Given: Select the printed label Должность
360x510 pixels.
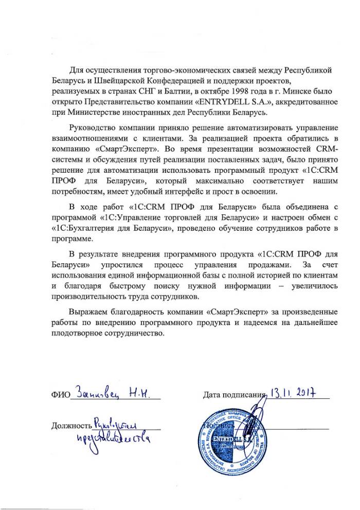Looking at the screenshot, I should pos(71,426).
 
